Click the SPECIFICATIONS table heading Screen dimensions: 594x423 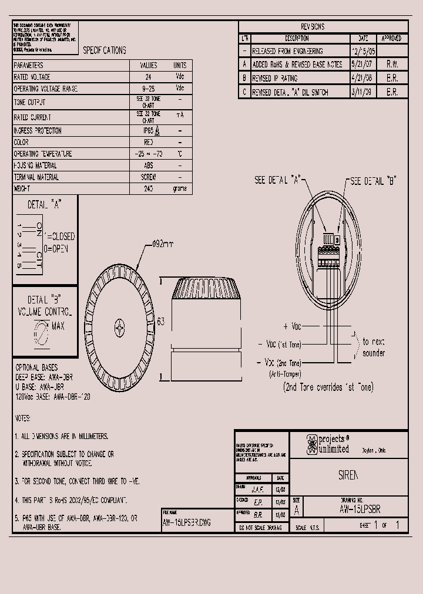coord(104,51)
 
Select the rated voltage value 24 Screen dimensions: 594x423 coord(148,77)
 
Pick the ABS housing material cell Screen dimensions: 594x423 coord(148,166)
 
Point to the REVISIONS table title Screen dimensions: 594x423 coord(312,27)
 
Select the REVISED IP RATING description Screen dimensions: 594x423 coord(275,78)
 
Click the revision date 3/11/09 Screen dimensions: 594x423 coord(361,92)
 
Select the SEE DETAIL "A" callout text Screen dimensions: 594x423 coord(277,181)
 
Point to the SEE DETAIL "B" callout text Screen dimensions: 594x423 coord(374,181)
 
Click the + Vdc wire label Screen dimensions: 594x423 coord(292,326)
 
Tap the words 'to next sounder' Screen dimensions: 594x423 coord(373,347)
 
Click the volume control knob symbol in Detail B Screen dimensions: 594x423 coord(42,332)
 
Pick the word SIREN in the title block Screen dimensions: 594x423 coord(348,475)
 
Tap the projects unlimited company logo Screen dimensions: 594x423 coord(311,445)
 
